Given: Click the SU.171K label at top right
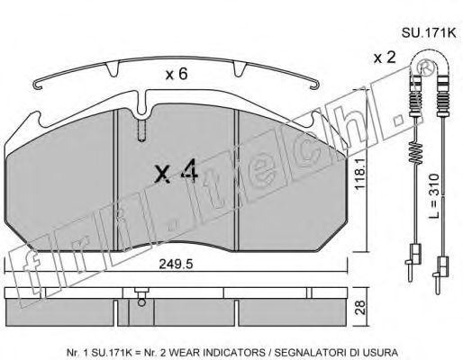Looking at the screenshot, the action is click(429, 33).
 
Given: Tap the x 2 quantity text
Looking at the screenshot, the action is click(385, 58).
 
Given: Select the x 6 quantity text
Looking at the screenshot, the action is click(177, 74).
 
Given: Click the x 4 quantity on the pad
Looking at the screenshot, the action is click(177, 171).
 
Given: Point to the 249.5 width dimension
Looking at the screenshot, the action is click(176, 265).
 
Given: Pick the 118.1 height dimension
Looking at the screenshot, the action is click(359, 174).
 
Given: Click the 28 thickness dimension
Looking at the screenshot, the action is click(361, 307).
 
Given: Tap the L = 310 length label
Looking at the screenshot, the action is click(433, 195).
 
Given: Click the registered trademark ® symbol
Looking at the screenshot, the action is click(427, 69).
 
